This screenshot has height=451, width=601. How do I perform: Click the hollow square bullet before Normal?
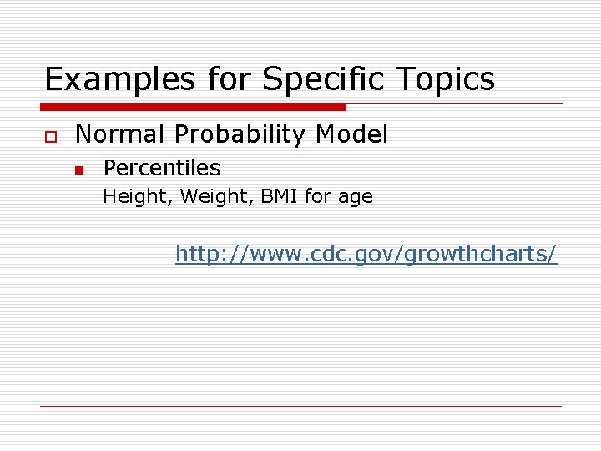click(50, 135)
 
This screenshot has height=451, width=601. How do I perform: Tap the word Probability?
click(249, 134)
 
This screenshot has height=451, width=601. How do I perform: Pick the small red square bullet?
click(78, 170)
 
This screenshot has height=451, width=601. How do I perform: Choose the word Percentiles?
click(162, 168)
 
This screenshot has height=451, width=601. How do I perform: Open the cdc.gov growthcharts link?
click(366, 254)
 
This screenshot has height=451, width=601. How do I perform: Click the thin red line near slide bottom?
click(300, 406)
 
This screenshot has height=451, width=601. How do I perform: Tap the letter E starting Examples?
click(53, 80)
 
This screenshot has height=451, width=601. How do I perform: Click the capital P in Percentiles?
click(109, 168)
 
